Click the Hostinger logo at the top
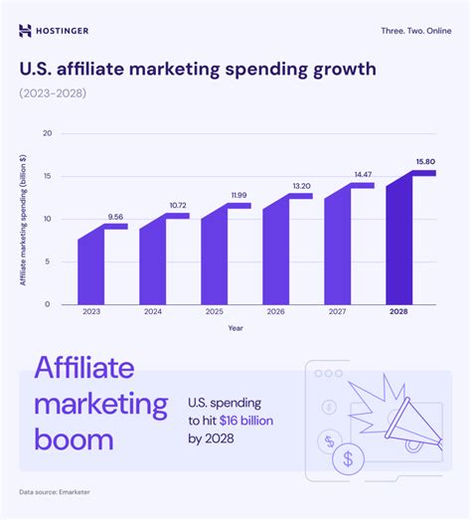(x=54, y=30)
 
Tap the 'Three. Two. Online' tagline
(x=415, y=31)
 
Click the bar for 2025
(x=216, y=257)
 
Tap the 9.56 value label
(x=115, y=216)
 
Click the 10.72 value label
(x=177, y=206)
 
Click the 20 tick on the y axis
(x=47, y=133)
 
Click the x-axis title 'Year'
(x=235, y=328)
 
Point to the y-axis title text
(x=22, y=219)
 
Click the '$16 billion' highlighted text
(x=246, y=421)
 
